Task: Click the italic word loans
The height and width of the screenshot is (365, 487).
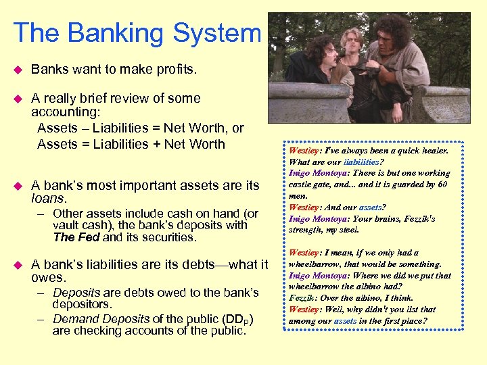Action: point(49,199)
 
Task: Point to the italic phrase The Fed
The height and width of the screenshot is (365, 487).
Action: point(76,237)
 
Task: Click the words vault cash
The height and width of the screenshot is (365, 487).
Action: point(84,226)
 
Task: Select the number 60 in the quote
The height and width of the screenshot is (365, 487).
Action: point(442,184)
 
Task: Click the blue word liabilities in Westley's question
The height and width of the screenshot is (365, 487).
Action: point(365,162)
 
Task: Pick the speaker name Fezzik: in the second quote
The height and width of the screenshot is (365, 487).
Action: point(304,297)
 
